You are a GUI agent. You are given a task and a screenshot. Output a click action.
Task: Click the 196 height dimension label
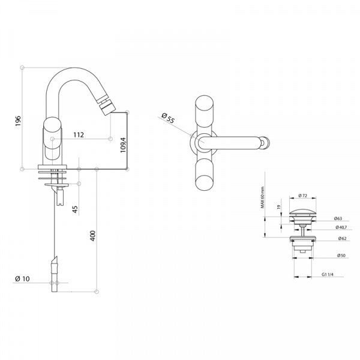(18, 121)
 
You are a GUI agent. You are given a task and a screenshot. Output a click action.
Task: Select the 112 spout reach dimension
(79, 135)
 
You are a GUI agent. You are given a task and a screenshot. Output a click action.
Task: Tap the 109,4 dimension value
(123, 145)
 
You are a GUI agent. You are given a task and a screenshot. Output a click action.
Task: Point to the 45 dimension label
(75, 209)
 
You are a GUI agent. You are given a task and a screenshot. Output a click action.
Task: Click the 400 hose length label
(93, 236)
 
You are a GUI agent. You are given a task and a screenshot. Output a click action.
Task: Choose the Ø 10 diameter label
(22, 279)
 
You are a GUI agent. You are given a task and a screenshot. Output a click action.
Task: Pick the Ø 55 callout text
(168, 118)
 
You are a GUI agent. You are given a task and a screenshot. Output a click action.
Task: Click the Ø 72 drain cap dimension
(303, 196)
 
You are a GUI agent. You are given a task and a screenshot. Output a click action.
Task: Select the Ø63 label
(338, 218)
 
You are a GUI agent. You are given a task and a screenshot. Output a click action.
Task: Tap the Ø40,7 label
(341, 227)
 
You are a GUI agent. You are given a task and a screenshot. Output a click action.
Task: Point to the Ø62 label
(342, 239)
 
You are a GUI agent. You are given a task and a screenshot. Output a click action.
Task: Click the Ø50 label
(341, 256)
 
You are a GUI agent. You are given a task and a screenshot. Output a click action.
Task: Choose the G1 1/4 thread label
(328, 274)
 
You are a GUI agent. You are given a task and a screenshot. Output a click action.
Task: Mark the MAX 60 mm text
(262, 197)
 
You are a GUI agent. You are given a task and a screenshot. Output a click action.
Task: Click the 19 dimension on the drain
(279, 207)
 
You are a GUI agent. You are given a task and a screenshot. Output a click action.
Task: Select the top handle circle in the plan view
(204, 104)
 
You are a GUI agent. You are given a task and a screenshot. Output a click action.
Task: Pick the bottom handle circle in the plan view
(204, 183)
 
